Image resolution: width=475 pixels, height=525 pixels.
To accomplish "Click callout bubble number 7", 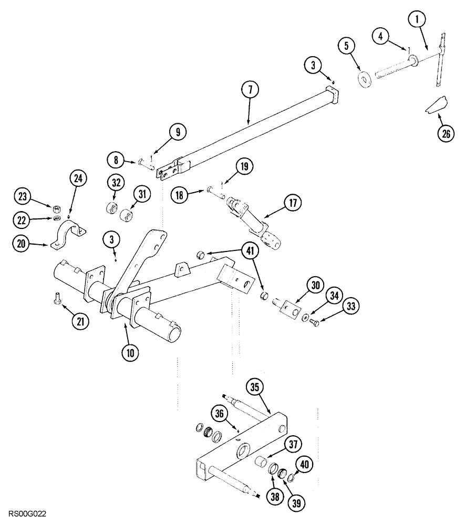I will (250, 90).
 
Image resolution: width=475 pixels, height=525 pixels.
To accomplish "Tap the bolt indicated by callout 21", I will (58, 300).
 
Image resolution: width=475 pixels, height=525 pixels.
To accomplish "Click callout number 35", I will (254, 387).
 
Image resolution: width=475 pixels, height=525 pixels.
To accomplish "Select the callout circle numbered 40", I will (304, 464).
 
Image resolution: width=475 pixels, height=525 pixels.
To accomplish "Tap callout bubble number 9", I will (177, 132).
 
